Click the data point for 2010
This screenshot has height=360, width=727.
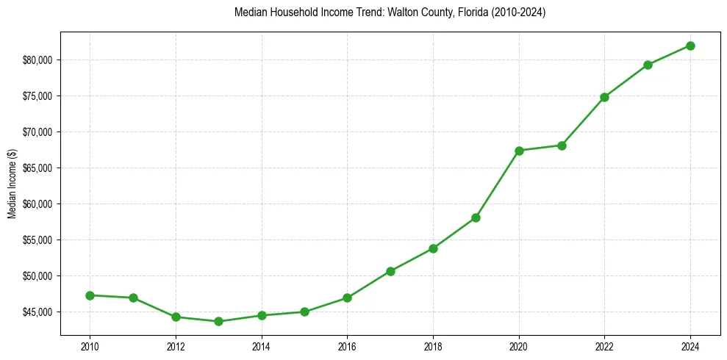click(x=90, y=295)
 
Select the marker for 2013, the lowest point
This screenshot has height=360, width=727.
click(x=218, y=321)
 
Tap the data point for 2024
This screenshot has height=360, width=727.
click(x=690, y=46)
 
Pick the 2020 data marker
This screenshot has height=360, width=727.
click(x=519, y=151)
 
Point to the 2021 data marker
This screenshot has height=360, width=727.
click(x=562, y=145)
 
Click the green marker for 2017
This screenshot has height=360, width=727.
click(x=390, y=271)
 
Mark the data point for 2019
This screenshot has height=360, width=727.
click(x=476, y=217)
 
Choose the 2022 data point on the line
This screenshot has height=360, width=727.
click(x=604, y=97)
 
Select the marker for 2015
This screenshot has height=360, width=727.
click(x=304, y=312)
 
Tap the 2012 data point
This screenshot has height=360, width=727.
click(x=176, y=317)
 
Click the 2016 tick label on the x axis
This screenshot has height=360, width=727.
click(x=347, y=346)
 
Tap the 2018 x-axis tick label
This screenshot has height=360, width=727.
click(x=433, y=346)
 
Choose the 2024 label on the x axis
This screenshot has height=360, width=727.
click(x=690, y=346)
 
